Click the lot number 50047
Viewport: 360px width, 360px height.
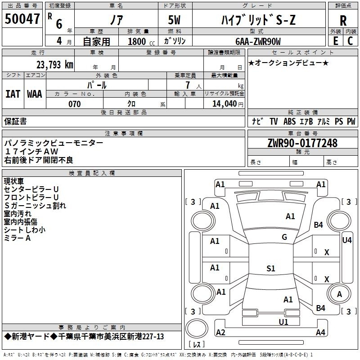22,18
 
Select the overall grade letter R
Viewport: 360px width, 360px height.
343,21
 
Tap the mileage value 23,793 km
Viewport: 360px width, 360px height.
55,65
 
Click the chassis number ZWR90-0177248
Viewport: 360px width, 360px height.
302,143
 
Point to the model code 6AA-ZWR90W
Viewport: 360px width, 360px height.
258,41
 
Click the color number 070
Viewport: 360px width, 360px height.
75,104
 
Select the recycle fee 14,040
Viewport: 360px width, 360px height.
225,104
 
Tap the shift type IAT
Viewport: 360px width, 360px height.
13,94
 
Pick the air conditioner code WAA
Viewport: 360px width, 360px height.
35,94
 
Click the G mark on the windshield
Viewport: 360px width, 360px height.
284,237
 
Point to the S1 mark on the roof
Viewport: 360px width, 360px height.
271,268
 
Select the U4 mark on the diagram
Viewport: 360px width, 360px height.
347,240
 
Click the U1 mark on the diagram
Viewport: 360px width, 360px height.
283,322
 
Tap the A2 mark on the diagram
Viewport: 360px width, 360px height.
220,333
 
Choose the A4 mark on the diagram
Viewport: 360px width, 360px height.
320,332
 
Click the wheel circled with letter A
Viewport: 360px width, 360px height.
339,294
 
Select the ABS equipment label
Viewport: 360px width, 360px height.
289,121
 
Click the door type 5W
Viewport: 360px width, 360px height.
174,20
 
